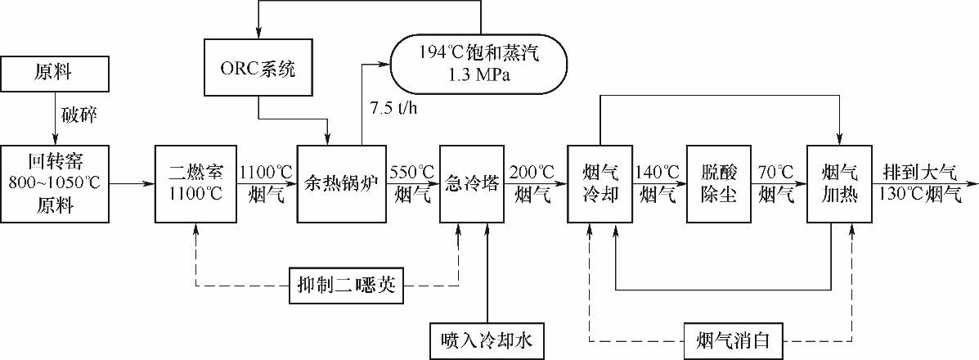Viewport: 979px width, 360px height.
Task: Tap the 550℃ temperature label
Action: (x=411, y=172)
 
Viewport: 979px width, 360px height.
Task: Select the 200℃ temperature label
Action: (x=532, y=172)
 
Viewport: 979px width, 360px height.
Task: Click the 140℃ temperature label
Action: (x=658, y=172)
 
